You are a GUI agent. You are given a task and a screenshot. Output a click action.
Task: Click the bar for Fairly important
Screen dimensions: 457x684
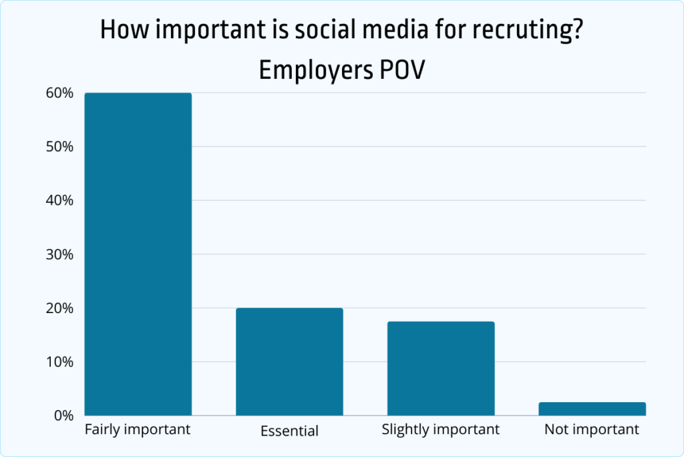(138, 254)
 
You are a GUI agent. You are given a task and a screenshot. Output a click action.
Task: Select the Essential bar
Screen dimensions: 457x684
(289, 362)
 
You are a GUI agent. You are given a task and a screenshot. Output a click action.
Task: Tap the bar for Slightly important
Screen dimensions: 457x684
(441, 369)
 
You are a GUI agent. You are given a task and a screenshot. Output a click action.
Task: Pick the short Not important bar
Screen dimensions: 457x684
(592, 409)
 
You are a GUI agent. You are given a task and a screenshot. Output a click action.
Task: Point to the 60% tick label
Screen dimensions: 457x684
(59, 93)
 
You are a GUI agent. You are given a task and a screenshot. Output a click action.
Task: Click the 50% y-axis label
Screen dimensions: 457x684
(59, 147)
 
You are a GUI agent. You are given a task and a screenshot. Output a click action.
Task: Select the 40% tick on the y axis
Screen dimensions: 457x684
(59, 201)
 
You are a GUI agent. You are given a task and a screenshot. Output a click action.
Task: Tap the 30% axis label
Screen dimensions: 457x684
(59, 254)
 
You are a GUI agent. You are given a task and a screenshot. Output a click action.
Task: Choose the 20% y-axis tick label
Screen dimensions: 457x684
(59, 308)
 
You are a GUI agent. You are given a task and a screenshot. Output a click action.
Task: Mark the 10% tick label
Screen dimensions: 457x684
(59, 362)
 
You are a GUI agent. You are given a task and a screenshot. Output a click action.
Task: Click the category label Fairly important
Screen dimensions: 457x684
(138, 430)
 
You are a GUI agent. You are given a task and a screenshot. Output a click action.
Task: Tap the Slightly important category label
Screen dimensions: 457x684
(441, 430)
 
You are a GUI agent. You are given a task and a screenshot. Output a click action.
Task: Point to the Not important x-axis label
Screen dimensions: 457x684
(592, 430)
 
